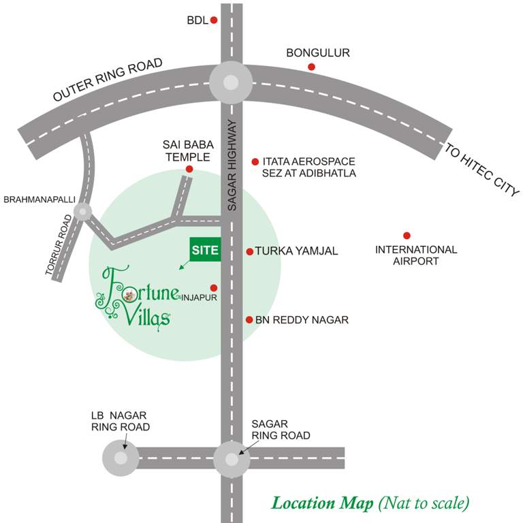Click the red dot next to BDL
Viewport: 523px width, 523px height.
[214, 20]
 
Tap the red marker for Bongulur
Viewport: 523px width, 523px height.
[311, 66]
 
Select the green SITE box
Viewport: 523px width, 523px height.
[205, 250]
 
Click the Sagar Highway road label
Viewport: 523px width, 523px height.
[232, 164]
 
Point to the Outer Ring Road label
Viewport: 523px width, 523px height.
[109, 80]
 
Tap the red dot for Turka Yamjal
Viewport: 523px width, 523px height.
[250, 252]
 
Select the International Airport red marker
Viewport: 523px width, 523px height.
[407, 236]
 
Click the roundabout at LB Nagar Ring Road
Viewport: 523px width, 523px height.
[121, 458]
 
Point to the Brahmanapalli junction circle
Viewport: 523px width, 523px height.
[83, 212]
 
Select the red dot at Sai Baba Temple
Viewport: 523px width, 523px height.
[189, 169]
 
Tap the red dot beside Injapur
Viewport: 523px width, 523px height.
[214, 287]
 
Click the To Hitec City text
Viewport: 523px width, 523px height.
[481, 170]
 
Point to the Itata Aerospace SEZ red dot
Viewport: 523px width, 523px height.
[255, 162]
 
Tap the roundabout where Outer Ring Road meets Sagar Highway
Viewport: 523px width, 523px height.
[231, 83]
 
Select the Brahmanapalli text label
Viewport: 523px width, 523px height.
[39, 200]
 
